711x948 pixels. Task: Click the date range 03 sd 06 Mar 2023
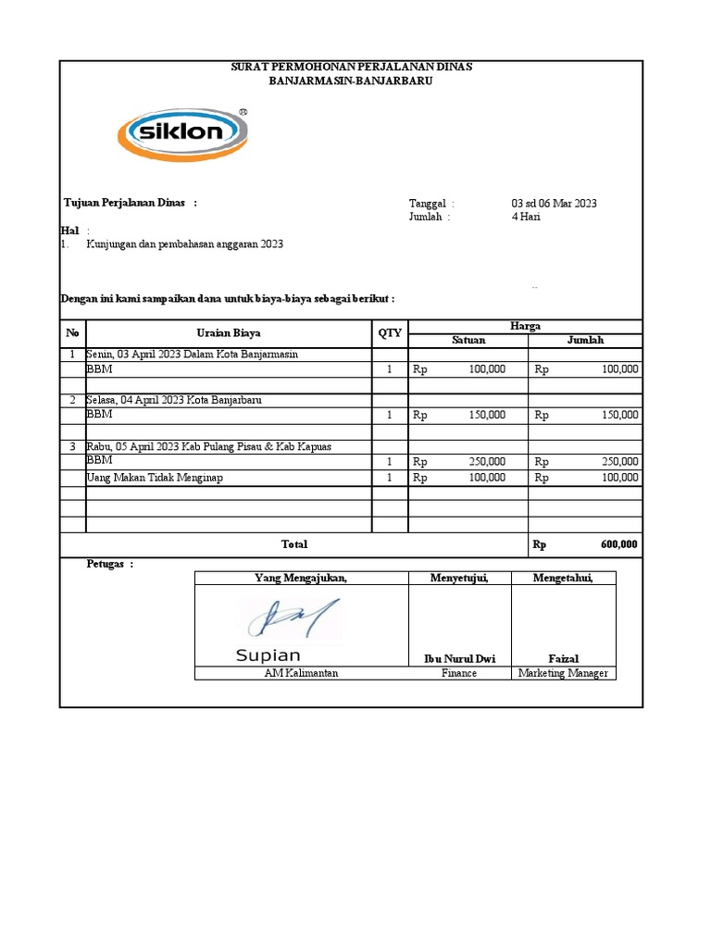(554, 203)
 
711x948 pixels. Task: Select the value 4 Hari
(526, 217)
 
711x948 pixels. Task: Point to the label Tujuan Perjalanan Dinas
(124, 203)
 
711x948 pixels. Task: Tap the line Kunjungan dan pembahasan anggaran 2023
(184, 244)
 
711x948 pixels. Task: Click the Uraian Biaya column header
(228, 332)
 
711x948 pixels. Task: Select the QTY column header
(390, 332)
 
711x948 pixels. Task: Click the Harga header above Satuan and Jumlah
(525, 326)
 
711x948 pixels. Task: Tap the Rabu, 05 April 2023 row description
(208, 446)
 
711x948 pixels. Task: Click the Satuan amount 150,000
(487, 415)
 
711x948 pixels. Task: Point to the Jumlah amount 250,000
(619, 461)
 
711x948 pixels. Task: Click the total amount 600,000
(618, 544)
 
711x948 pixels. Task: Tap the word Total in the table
(294, 544)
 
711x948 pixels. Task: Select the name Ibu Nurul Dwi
(459, 658)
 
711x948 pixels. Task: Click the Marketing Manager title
(563, 673)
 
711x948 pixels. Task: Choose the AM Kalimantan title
(301, 673)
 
